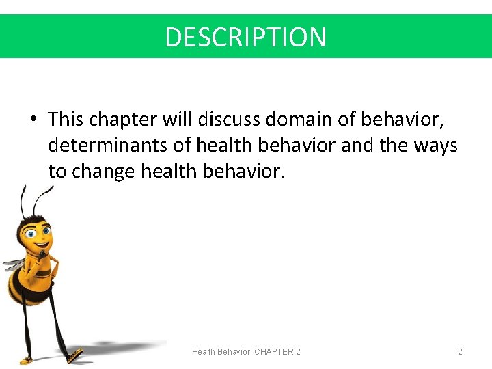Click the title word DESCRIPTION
click(246, 37)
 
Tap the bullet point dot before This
click(33, 120)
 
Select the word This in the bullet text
click(65, 120)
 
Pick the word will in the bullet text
click(177, 120)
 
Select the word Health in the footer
click(203, 352)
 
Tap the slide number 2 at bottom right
click(460, 352)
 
